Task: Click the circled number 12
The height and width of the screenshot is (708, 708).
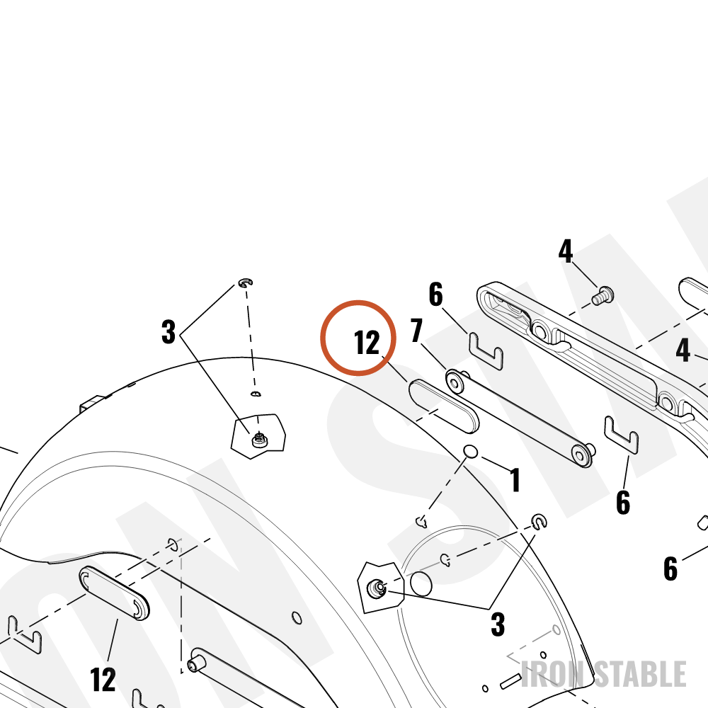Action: point(367,342)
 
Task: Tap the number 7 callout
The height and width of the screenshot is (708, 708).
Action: point(417,330)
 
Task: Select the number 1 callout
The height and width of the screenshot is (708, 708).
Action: point(515,479)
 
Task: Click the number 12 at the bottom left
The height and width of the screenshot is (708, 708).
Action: point(103,679)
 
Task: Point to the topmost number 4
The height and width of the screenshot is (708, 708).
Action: point(566,251)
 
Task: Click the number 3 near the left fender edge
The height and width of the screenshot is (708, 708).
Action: point(169,332)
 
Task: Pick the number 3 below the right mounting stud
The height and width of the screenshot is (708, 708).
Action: point(498,624)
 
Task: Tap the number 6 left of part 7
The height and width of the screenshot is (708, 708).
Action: point(435,295)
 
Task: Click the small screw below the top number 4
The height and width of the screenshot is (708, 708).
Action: point(603,296)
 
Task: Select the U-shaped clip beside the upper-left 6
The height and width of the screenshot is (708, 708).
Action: point(486,351)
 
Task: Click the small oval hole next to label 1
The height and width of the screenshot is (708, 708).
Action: point(471,451)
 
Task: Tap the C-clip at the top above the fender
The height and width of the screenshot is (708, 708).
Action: point(245,283)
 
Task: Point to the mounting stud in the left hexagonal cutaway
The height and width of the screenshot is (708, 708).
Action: point(259,440)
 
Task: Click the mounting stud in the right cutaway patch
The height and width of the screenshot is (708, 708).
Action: point(376,588)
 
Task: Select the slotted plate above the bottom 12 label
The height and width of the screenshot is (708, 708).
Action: point(114,593)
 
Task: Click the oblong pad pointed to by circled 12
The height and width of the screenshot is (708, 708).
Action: point(444,406)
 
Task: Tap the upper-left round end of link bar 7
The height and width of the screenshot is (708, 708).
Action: point(455,382)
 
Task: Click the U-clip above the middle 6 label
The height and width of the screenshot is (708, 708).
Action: point(621,435)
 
